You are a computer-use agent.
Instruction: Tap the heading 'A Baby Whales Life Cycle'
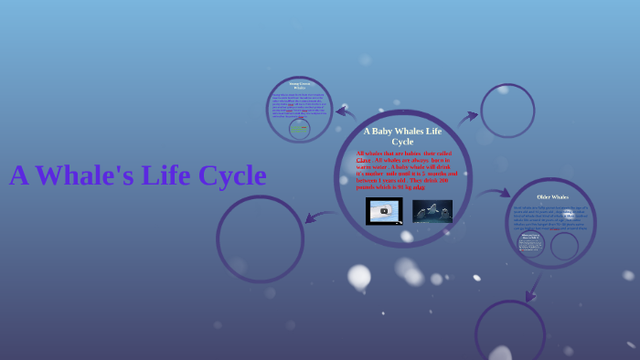click(402, 136)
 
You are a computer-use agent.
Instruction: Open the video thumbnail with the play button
click(384, 211)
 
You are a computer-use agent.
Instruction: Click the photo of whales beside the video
click(432, 211)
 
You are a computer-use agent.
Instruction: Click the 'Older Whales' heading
click(552, 197)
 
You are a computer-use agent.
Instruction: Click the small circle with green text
click(299, 129)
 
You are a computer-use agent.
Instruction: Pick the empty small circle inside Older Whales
click(564, 246)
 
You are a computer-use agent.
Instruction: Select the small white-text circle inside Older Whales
click(530, 244)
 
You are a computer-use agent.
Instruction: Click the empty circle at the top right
click(507, 111)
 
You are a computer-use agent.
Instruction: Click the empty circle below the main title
click(261, 238)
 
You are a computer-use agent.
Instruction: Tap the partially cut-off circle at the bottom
click(510, 331)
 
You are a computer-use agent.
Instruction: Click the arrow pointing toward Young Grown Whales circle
click(346, 112)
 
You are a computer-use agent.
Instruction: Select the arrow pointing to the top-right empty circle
click(468, 116)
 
